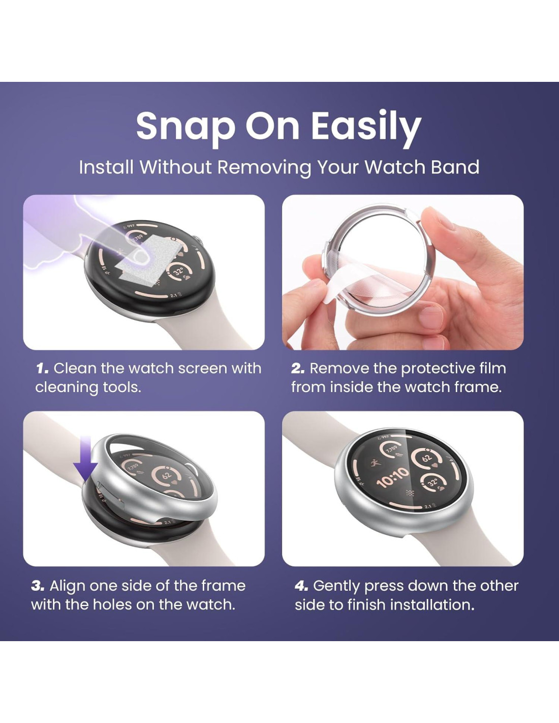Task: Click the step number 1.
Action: pos(42,369)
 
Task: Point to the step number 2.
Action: pos(298,369)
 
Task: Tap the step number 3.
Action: pos(38,586)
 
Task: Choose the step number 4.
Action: pos(301,586)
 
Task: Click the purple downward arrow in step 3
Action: pos(85,459)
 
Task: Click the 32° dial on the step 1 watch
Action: pos(179,271)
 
